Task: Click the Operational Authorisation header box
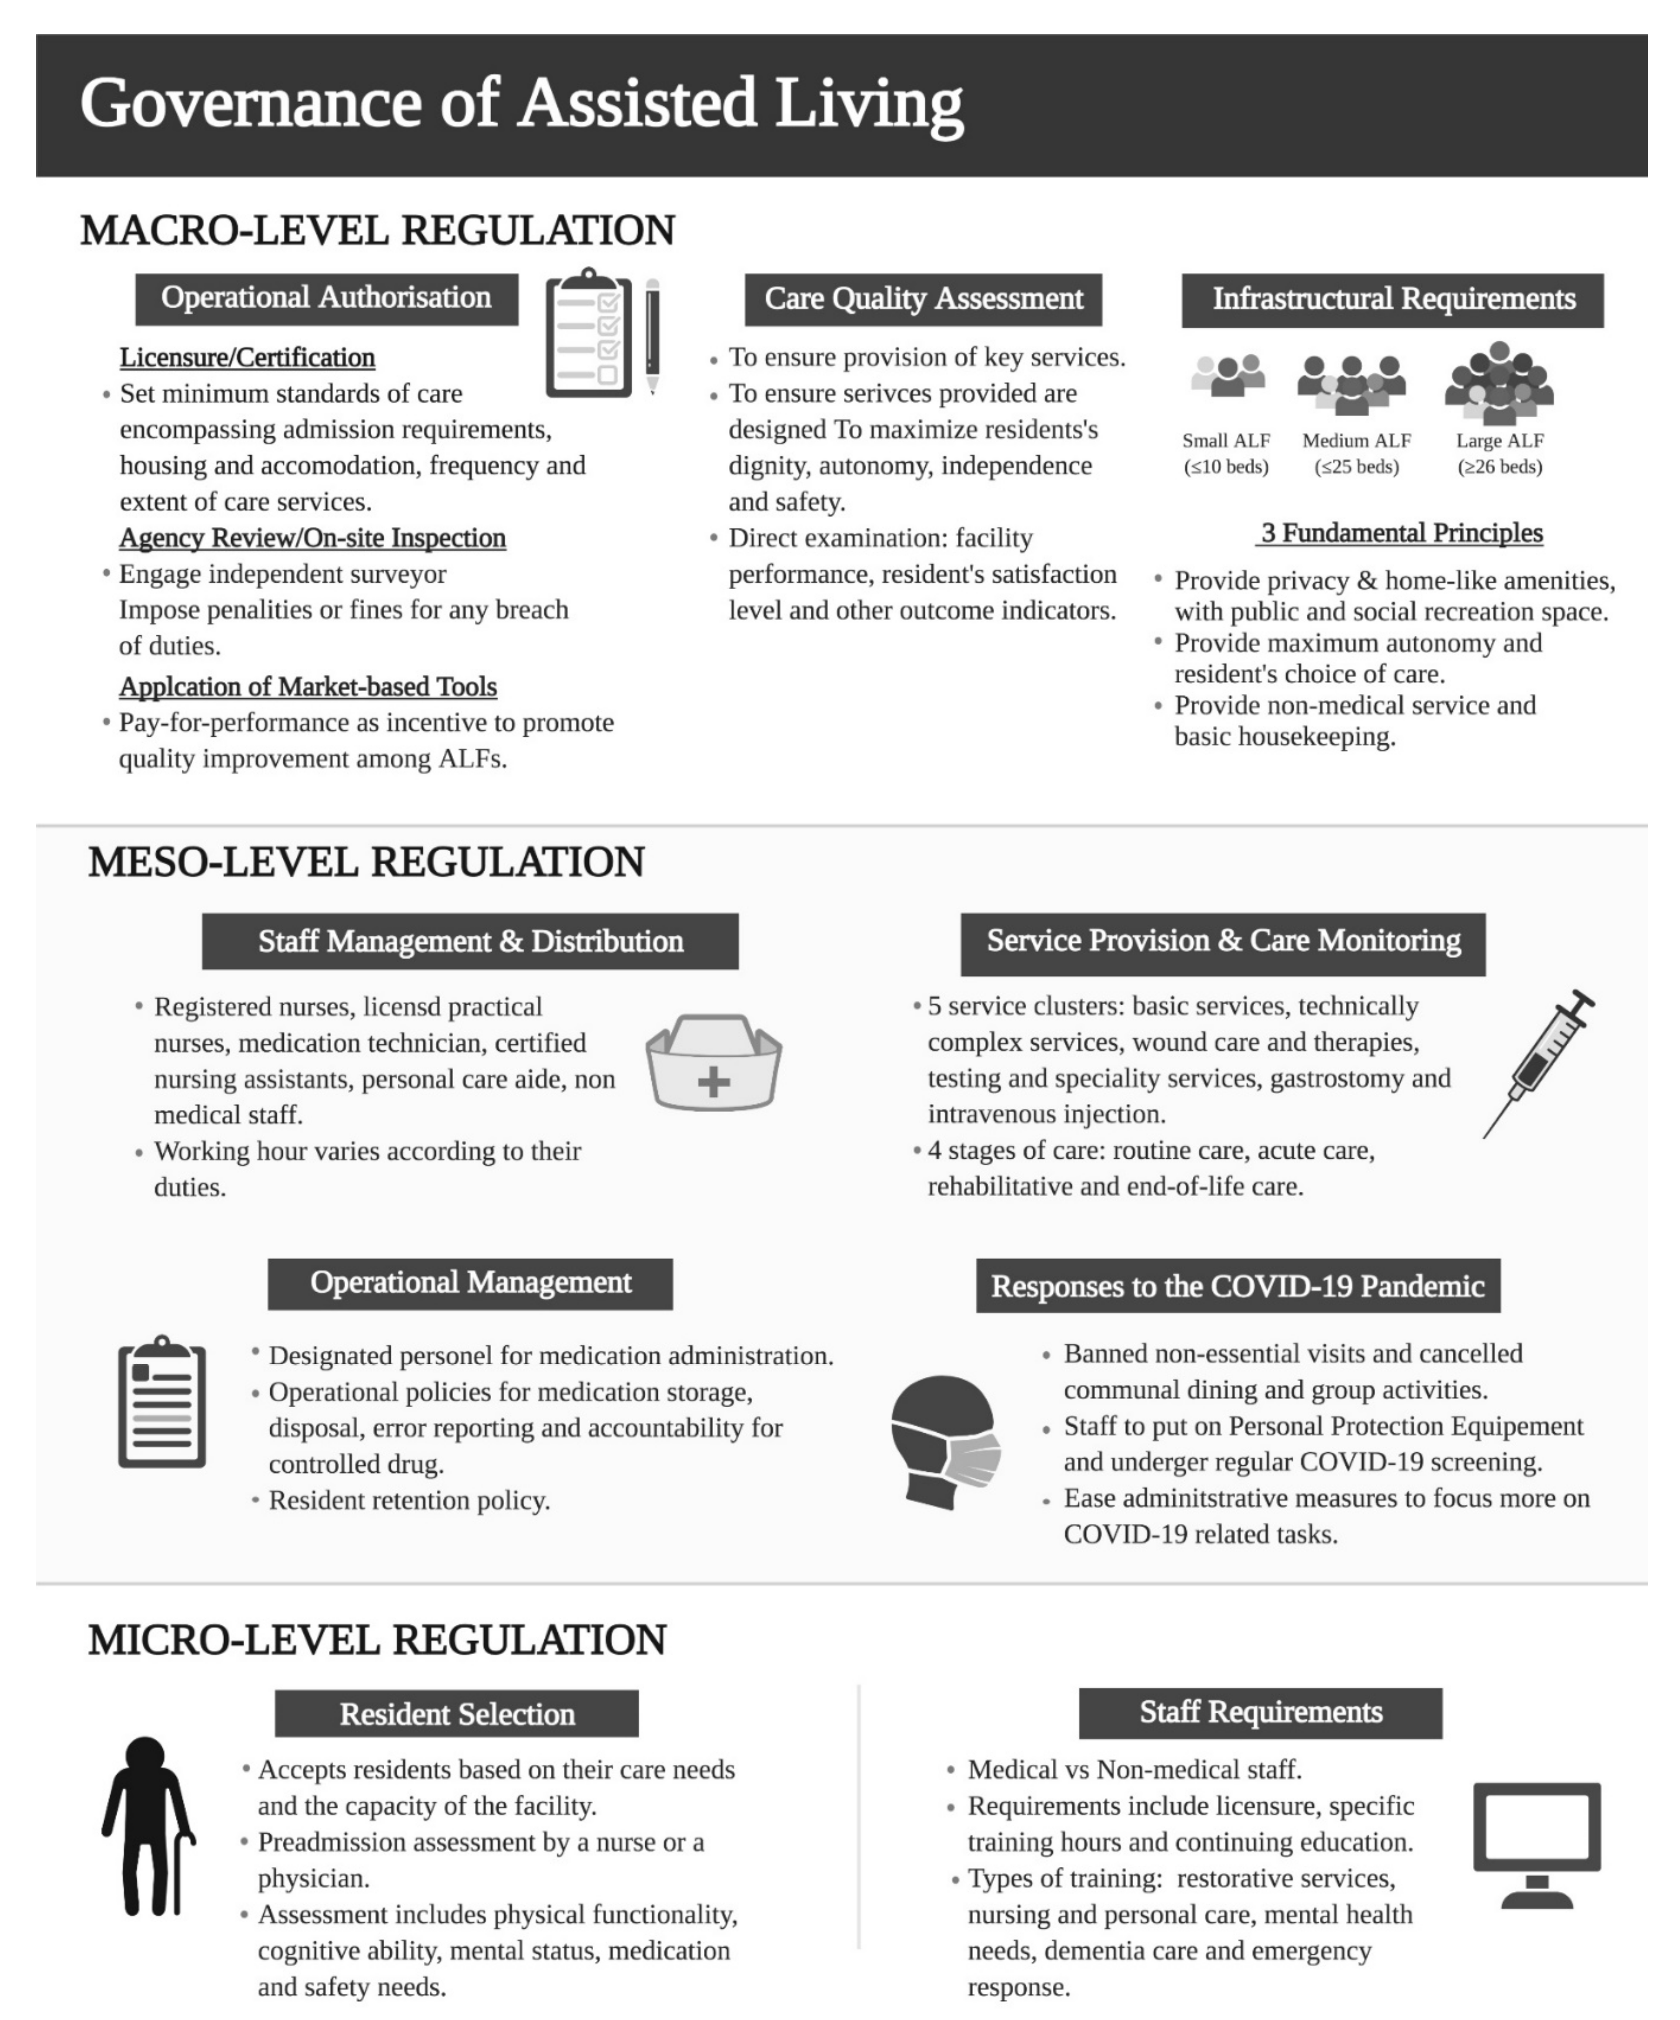[326, 298]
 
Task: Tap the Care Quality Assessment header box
[923, 299]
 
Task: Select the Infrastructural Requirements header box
[1392, 299]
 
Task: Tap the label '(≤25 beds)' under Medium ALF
[1357, 467]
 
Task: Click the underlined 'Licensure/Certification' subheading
[247, 358]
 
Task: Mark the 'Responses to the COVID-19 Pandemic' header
[1237, 1286]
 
